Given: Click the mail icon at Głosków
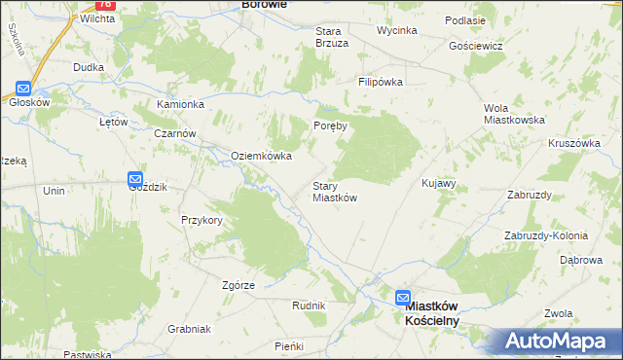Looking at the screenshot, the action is (21, 86).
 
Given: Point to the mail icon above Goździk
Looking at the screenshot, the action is (134, 179).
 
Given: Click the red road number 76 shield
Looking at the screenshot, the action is (105, 5).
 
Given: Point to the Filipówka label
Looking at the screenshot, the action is (381, 83).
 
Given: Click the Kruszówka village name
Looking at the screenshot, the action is (573, 142).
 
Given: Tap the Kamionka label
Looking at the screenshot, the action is (180, 104).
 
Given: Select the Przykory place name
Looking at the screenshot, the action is (202, 220).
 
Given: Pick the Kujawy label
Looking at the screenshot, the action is (438, 183).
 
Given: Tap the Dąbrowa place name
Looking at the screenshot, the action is (583, 261).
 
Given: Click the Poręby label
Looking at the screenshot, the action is (331, 126).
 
